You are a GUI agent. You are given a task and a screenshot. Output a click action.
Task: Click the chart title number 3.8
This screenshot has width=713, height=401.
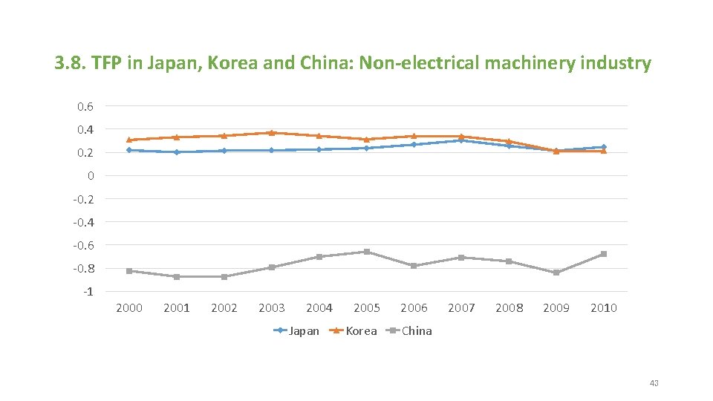(x=71, y=63)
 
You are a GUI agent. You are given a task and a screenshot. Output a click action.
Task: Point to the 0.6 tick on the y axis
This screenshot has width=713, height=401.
(x=85, y=107)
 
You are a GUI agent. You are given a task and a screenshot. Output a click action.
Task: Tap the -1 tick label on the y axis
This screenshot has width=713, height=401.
(x=88, y=291)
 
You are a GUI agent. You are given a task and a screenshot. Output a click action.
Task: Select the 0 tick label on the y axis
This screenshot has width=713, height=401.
(x=90, y=176)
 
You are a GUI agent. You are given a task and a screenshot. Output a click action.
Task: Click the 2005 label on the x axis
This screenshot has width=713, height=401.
(x=366, y=308)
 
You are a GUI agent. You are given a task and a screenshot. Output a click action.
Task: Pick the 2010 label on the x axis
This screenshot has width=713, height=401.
(x=603, y=308)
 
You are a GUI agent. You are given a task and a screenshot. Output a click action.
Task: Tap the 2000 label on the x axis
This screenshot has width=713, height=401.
(x=129, y=308)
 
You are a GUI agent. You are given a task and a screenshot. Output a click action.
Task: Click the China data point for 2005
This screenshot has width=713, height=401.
(x=366, y=252)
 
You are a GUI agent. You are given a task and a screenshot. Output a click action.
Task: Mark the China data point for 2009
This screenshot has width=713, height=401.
(x=556, y=273)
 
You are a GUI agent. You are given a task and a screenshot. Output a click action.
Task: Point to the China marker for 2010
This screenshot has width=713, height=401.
(x=604, y=254)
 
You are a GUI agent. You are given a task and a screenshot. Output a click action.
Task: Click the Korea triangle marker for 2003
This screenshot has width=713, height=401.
(x=272, y=133)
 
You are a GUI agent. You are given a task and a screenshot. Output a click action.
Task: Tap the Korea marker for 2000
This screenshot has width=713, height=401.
(x=129, y=140)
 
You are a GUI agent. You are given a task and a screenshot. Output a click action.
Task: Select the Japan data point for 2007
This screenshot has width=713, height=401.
(x=461, y=140)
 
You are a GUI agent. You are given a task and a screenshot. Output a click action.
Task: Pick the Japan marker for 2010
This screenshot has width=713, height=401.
(x=604, y=147)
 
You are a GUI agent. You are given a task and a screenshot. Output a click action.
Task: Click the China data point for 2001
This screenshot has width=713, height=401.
(x=177, y=277)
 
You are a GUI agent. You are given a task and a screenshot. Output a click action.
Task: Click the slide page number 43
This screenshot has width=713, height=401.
(x=654, y=383)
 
